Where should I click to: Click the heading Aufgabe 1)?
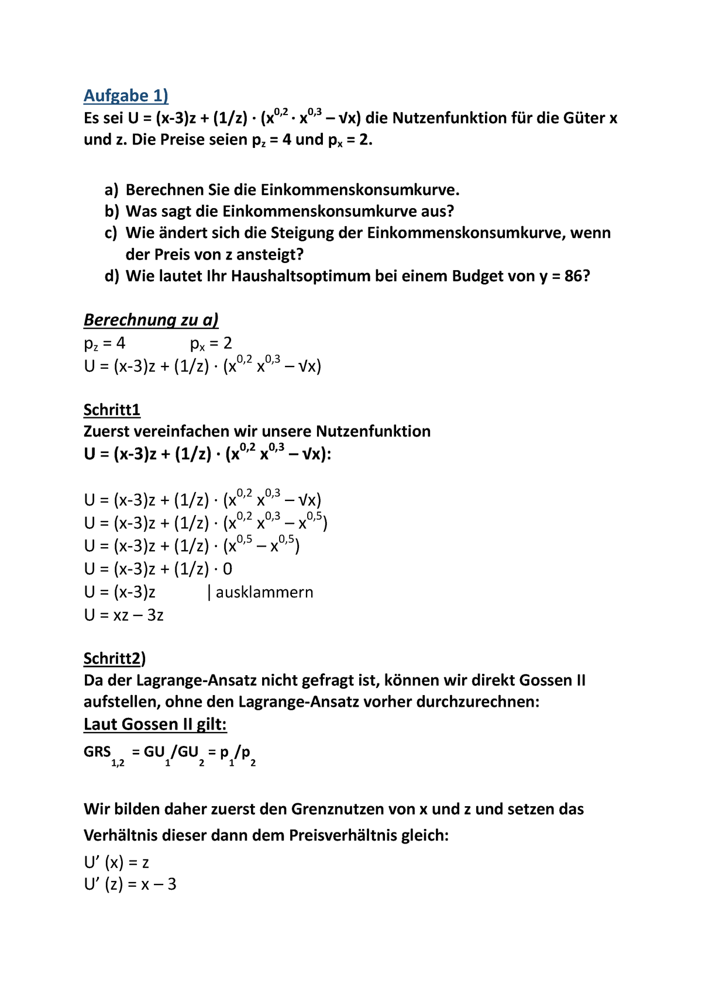(126, 95)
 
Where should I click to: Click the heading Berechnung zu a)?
(151, 320)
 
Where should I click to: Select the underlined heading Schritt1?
(112, 410)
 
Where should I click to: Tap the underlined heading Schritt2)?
(115, 659)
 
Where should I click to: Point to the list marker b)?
(112, 212)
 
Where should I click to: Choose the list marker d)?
(112, 276)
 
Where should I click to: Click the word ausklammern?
(264, 592)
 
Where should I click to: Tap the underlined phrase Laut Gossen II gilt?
(155, 724)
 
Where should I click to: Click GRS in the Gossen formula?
(97, 752)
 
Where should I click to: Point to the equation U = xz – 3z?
(123, 615)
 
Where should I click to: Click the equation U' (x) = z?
(116, 862)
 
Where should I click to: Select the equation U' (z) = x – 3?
(130, 884)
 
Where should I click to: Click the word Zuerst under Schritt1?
(106, 431)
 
